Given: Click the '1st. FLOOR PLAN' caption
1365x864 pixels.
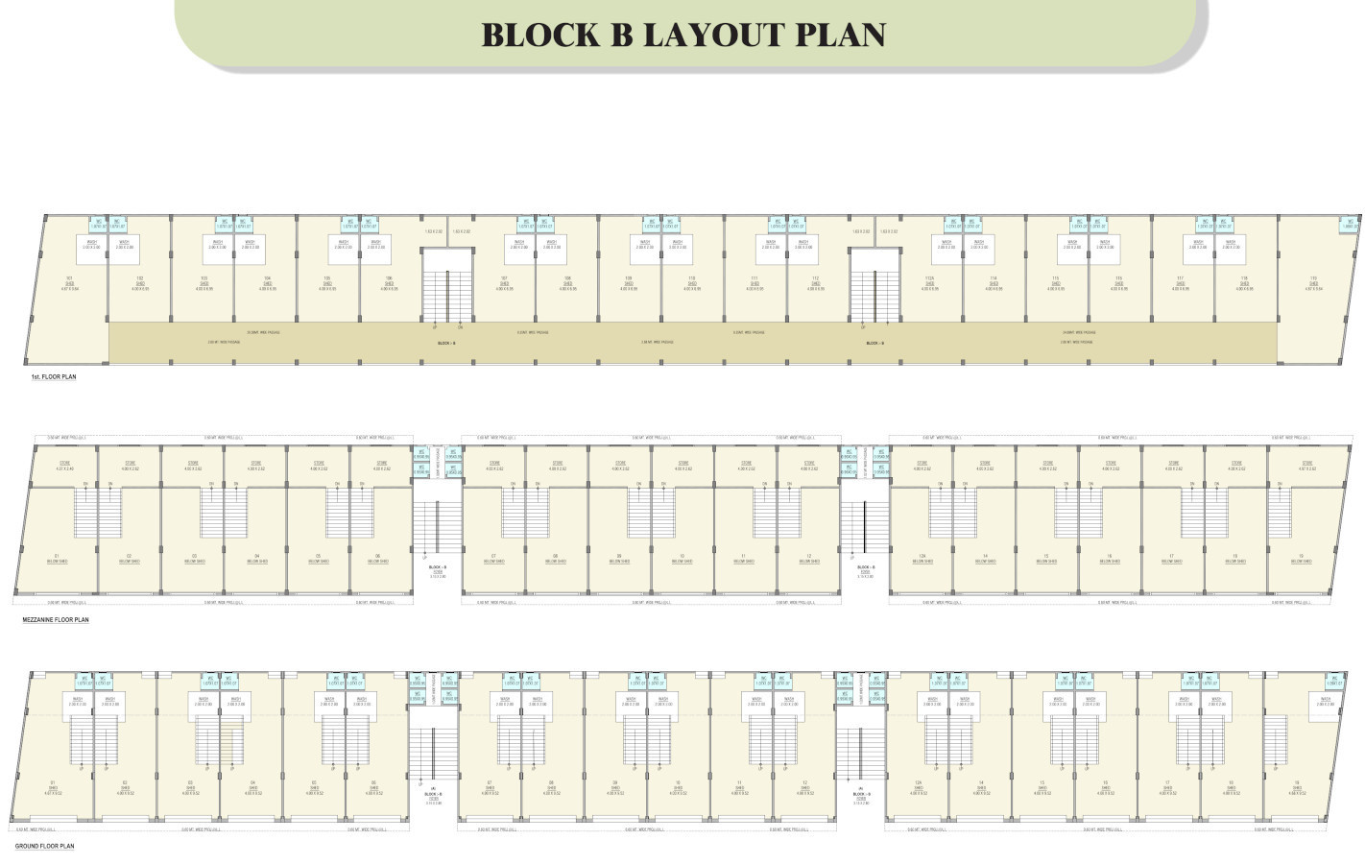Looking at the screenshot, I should pyautogui.click(x=54, y=377).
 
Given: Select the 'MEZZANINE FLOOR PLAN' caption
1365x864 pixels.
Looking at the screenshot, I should pyautogui.click(x=56, y=620).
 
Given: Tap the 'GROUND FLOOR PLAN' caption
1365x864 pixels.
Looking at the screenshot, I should pyautogui.click(x=44, y=846).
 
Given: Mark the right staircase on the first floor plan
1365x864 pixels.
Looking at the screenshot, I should pyautogui.click(x=874, y=285).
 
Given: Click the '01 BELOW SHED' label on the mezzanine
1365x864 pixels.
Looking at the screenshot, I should pyautogui.click(x=57, y=559).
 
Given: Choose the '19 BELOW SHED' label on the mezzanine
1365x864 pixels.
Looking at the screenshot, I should pyautogui.click(x=1300, y=559).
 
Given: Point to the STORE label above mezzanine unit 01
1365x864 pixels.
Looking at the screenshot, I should pyautogui.click(x=65, y=466).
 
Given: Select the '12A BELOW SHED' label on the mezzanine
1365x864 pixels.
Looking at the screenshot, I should pyautogui.click(x=922, y=559).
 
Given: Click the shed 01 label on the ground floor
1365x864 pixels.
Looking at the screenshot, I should pyautogui.click(x=53, y=788).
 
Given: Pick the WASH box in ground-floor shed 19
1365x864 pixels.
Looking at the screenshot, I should pyautogui.click(x=1325, y=702).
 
